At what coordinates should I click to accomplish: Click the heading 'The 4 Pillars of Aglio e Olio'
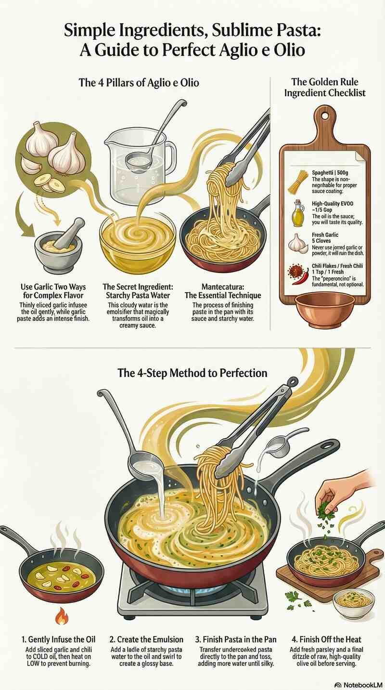click(139, 83)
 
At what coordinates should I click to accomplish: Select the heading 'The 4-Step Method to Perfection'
click(192, 373)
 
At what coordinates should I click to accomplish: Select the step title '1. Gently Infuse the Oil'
click(59, 639)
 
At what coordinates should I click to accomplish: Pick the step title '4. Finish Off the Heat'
click(326, 639)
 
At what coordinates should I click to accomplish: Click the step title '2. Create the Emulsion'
click(146, 639)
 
